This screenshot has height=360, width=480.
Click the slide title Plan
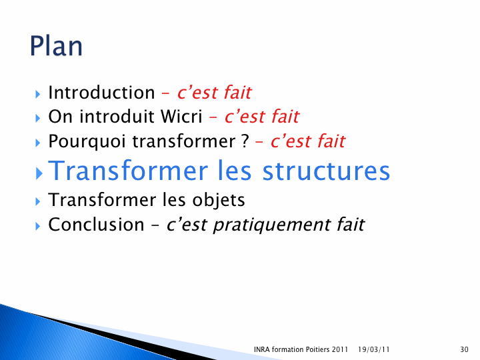[x=56, y=46]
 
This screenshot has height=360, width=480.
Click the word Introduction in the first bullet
[x=101, y=93]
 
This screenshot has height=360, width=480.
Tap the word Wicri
[x=181, y=117]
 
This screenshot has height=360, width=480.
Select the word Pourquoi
[x=87, y=142]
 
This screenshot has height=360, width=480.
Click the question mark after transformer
[x=245, y=141]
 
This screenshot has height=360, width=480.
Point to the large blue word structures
[x=326, y=171]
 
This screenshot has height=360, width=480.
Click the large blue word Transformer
[x=128, y=171]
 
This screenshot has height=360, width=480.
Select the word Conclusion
[x=96, y=225]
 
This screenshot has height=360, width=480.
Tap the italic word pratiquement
[x=271, y=225]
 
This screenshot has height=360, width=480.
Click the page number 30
[x=464, y=349]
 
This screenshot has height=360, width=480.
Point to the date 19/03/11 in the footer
[x=373, y=349]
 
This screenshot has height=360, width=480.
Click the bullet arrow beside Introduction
[x=37, y=94]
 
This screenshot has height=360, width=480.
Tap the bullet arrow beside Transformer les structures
[x=39, y=173]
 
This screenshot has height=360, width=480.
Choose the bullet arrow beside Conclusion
[x=37, y=226]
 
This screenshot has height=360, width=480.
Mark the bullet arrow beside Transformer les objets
[x=37, y=201]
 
